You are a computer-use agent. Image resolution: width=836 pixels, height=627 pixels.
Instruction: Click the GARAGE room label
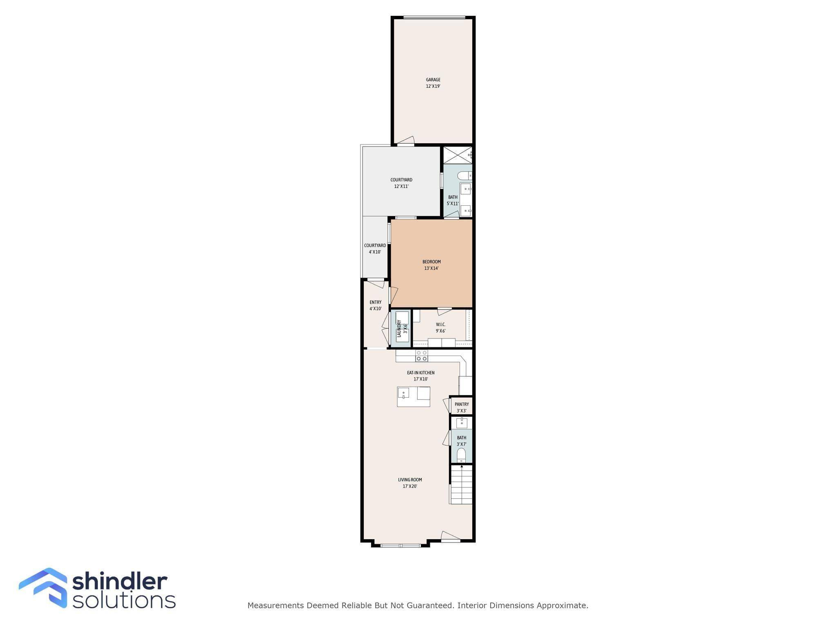tap(433, 80)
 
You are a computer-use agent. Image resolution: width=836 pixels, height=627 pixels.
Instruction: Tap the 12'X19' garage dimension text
tap(433, 87)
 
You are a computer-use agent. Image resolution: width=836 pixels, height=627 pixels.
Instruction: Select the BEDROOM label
tap(431, 262)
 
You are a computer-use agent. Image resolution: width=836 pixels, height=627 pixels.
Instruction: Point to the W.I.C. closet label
tap(440, 325)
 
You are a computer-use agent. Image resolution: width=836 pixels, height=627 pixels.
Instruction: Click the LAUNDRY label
tap(399, 328)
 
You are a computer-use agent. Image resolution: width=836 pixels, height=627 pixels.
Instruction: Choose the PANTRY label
tap(462, 405)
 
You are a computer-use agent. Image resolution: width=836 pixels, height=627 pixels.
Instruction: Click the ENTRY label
tap(376, 302)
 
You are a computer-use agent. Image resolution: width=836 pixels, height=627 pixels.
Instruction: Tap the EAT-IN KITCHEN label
tap(420, 373)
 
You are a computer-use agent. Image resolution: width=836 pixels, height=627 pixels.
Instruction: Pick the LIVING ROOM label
tap(410, 480)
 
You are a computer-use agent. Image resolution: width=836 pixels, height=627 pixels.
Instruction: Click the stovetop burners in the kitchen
tap(422, 356)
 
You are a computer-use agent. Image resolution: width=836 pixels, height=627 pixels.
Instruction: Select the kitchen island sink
tap(403, 393)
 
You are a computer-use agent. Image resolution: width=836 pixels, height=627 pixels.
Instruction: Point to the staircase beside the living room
tap(461, 485)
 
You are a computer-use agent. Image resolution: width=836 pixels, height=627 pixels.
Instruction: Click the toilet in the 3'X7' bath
tap(461, 455)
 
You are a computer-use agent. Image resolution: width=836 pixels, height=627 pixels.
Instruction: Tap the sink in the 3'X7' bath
tap(462, 423)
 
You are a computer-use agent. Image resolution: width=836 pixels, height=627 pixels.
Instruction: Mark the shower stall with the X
tap(458, 155)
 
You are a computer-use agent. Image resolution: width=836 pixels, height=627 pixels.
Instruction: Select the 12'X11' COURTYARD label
tap(401, 180)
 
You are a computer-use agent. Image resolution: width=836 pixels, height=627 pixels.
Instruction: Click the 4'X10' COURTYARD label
tap(375, 246)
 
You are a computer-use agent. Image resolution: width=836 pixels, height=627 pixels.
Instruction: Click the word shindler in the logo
tap(120, 582)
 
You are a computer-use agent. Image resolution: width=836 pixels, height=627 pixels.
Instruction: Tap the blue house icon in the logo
tap(43, 587)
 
